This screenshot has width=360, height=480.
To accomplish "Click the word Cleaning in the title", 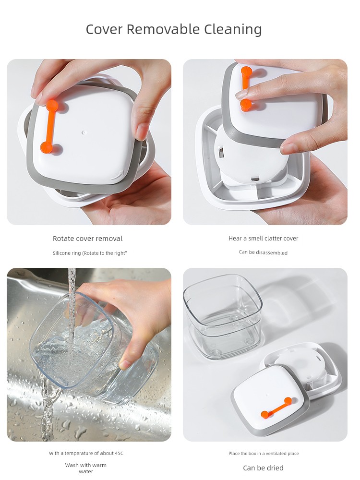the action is (233, 30).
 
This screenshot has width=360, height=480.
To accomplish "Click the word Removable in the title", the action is (163, 29).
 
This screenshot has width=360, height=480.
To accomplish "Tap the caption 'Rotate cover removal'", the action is (87, 239).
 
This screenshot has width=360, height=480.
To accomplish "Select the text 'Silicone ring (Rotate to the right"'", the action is (90, 253).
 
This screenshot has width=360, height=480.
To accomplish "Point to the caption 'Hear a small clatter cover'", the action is (263, 238).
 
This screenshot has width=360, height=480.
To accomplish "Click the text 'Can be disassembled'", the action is (263, 252).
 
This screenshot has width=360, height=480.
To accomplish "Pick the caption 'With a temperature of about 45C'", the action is (86, 453).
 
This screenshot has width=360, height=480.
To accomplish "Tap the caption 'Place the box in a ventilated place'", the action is (264, 454).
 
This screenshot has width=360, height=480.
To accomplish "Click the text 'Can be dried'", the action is (263, 468).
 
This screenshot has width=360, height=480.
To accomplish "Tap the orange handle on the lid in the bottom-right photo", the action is (276, 408).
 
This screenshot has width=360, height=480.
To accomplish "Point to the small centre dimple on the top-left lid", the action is (84, 133).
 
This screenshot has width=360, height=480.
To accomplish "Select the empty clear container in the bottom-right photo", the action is (223, 316).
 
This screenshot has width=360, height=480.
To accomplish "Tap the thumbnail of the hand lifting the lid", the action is (265, 142).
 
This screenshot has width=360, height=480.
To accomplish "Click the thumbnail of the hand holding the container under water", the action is (89, 355).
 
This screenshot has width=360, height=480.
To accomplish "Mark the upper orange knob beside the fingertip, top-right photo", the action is (246, 72).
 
